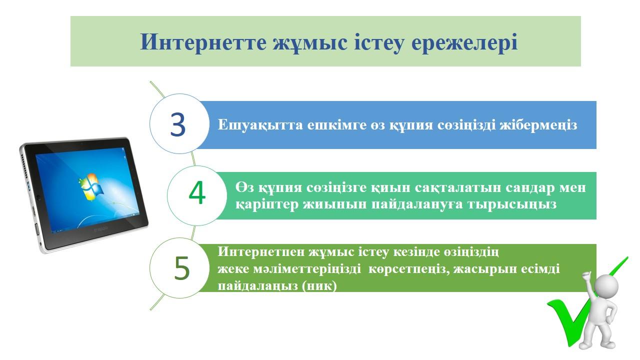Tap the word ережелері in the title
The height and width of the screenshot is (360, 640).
click(x=464, y=42)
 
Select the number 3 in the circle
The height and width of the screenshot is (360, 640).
click(x=177, y=124)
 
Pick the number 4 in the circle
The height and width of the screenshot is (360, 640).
click(x=197, y=192)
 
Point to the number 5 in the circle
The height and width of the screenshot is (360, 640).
click(x=182, y=267)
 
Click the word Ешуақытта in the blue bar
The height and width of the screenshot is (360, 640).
click(x=260, y=125)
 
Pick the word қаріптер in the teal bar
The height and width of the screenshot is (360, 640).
click(x=267, y=204)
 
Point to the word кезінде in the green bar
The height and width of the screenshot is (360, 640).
click(x=416, y=252)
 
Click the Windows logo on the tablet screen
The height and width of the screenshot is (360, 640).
click(x=91, y=186)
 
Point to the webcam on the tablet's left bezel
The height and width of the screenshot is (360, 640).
click(x=38, y=197)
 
